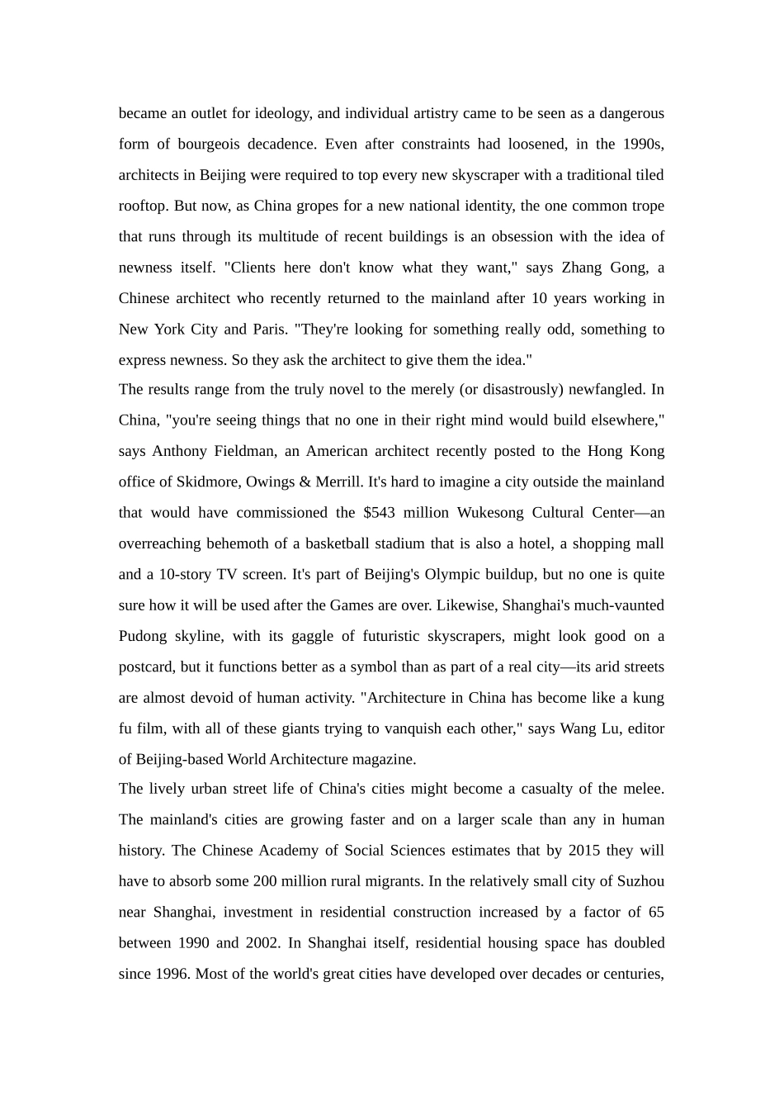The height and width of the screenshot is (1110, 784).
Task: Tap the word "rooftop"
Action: tap(143, 206)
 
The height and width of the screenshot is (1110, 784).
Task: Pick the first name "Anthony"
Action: tap(178, 451)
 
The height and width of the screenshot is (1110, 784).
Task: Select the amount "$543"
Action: tap(379, 513)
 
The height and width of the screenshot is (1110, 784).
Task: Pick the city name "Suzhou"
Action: tap(640, 881)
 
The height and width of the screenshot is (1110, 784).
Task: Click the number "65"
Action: tap(656, 913)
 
